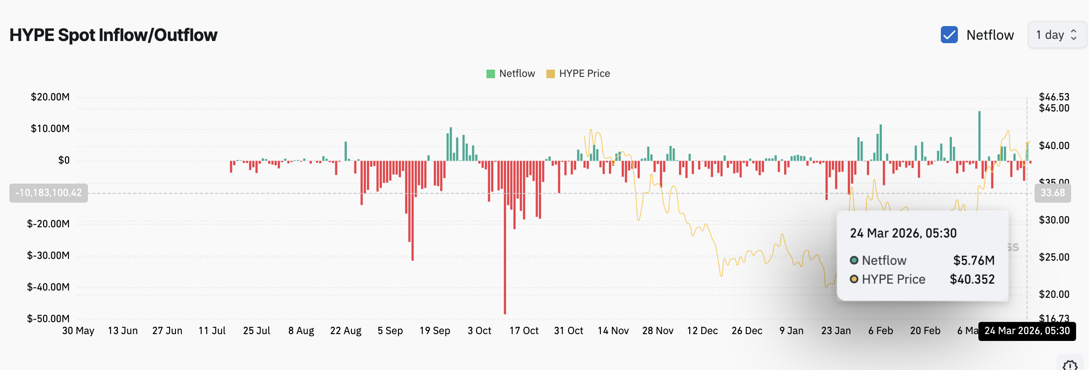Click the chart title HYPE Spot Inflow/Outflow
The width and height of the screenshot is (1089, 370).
point(113,35)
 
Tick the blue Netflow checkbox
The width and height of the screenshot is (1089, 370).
point(949,35)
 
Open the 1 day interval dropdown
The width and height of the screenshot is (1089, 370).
point(1057,35)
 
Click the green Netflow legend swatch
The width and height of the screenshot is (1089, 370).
point(490,74)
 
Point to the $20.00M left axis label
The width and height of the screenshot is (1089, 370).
point(50,97)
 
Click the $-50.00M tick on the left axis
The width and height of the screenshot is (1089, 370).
point(48,319)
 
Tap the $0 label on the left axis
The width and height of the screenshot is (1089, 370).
point(64,160)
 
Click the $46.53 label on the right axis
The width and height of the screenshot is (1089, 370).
point(1054,97)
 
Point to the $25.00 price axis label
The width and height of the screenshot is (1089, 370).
point(1054,257)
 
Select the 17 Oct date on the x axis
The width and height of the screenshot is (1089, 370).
point(524,331)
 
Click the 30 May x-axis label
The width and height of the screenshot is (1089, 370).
point(78,331)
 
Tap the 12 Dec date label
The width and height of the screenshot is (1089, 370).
point(702,331)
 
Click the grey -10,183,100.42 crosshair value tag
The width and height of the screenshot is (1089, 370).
point(49,193)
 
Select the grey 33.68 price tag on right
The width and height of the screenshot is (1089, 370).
point(1052,193)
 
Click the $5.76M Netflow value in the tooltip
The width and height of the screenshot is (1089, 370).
point(974,260)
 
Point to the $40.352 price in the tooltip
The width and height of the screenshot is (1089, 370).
point(972,279)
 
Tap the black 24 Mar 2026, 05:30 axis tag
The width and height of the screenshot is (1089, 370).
point(1027,331)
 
